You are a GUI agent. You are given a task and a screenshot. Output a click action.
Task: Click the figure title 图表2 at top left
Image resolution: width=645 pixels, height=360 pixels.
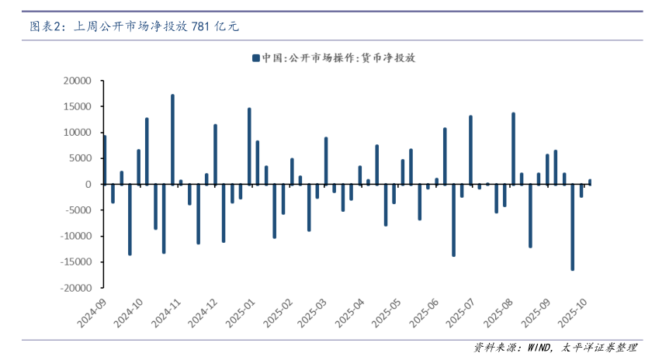pyautogui.click(x=45, y=26)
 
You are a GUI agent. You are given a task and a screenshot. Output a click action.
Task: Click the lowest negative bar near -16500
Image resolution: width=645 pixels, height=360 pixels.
pyautogui.click(x=573, y=227)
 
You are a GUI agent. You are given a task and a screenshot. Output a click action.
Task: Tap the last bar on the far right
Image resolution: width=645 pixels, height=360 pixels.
pyautogui.click(x=590, y=182)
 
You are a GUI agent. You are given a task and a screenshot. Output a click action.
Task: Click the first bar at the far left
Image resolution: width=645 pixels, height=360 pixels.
pyautogui.click(x=105, y=160)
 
